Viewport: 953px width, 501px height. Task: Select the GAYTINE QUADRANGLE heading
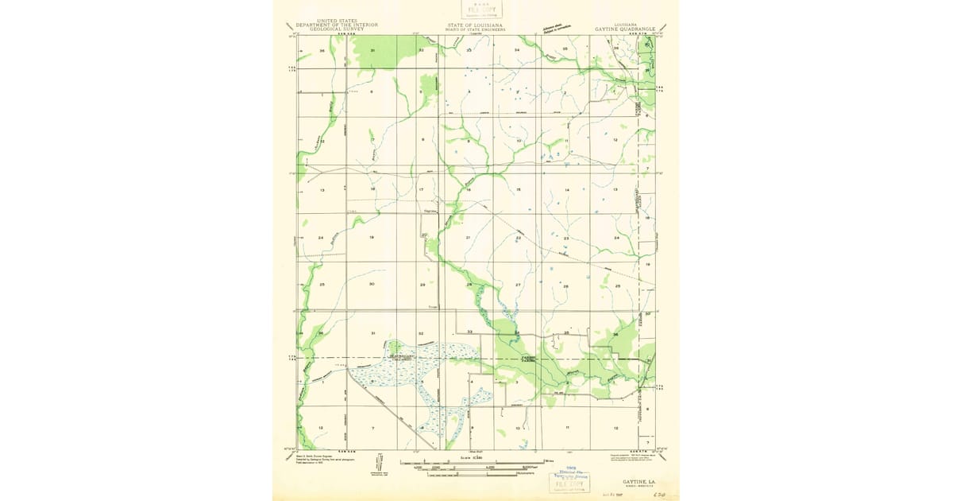point(625,29)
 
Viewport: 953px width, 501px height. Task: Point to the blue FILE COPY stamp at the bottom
point(569,483)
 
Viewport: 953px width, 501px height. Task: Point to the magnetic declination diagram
point(380,464)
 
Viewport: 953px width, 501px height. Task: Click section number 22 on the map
point(518,238)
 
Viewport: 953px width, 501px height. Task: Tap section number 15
point(518,190)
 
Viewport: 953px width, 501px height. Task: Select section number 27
point(518,285)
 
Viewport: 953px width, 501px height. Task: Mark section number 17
point(421,190)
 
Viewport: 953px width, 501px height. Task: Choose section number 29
point(422,285)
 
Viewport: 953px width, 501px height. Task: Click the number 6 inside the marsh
point(372,383)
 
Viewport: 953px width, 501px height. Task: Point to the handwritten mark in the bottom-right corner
point(657,495)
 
